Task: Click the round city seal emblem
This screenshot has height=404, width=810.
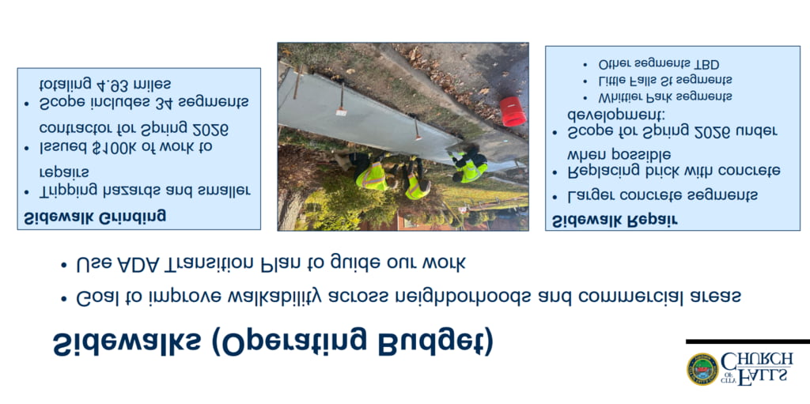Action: click(702, 369)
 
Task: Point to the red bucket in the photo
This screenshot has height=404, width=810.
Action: click(513, 111)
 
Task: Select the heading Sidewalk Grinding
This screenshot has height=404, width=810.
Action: click(95, 216)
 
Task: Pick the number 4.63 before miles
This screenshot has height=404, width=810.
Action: click(112, 84)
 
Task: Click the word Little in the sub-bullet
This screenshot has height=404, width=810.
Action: click(611, 81)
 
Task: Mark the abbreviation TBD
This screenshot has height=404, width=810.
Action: click(706, 65)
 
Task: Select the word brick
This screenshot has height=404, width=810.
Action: click(663, 171)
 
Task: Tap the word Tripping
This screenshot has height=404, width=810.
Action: click(67, 191)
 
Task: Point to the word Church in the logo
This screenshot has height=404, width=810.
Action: click(756, 360)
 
